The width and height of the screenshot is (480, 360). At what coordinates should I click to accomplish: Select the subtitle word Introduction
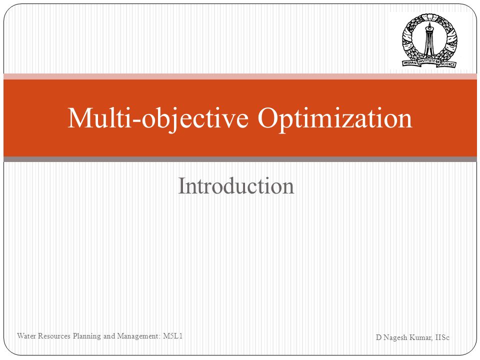(236, 186)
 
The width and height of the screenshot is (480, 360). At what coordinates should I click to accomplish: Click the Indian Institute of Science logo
(429, 40)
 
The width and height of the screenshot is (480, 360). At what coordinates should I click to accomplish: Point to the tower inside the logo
(429, 40)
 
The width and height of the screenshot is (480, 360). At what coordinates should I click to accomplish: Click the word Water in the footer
(26, 336)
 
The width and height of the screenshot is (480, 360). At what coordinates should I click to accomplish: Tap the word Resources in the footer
(54, 336)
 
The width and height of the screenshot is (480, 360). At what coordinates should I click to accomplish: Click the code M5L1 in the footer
(173, 336)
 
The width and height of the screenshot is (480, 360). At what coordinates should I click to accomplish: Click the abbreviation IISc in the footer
(442, 337)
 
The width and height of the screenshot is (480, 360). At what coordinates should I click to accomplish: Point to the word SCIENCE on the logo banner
(448, 64)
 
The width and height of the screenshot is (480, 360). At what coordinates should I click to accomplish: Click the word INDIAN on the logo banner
(410, 63)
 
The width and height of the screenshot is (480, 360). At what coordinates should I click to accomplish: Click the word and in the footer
(109, 336)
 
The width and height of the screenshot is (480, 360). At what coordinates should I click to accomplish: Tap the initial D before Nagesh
(378, 337)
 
